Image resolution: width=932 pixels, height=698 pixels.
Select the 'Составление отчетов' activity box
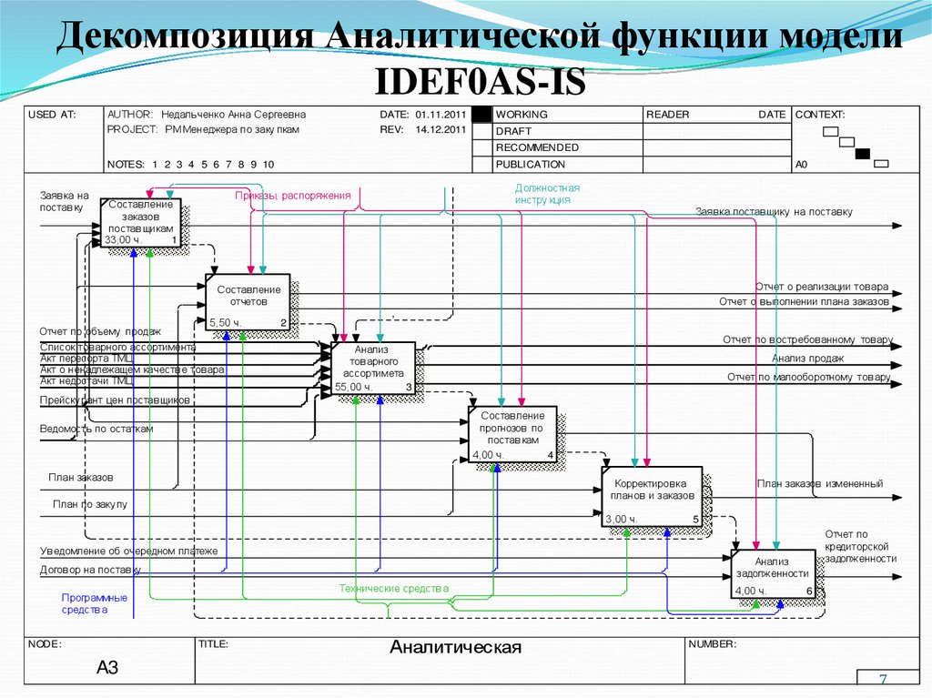point(247,299)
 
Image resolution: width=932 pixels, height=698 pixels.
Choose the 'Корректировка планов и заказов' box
point(652,496)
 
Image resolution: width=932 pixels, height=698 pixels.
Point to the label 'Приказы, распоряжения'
point(292,196)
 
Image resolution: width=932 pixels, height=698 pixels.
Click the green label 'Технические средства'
point(394,589)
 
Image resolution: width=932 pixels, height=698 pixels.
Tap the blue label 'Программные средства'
point(94,603)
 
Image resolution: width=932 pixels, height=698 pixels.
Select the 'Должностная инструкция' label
point(547,193)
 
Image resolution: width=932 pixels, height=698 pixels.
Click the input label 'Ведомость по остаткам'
point(96,428)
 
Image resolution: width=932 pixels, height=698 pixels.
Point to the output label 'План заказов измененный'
point(819,484)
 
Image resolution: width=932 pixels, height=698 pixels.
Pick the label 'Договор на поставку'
point(90,570)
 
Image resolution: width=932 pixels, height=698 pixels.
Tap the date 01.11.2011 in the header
point(441,115)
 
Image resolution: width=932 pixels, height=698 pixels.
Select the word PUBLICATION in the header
point(531,165)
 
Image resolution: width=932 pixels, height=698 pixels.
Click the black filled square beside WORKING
point(481,115)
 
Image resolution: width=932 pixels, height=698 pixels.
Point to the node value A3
point(107,668)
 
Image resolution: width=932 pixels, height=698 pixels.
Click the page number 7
point(882,682)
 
